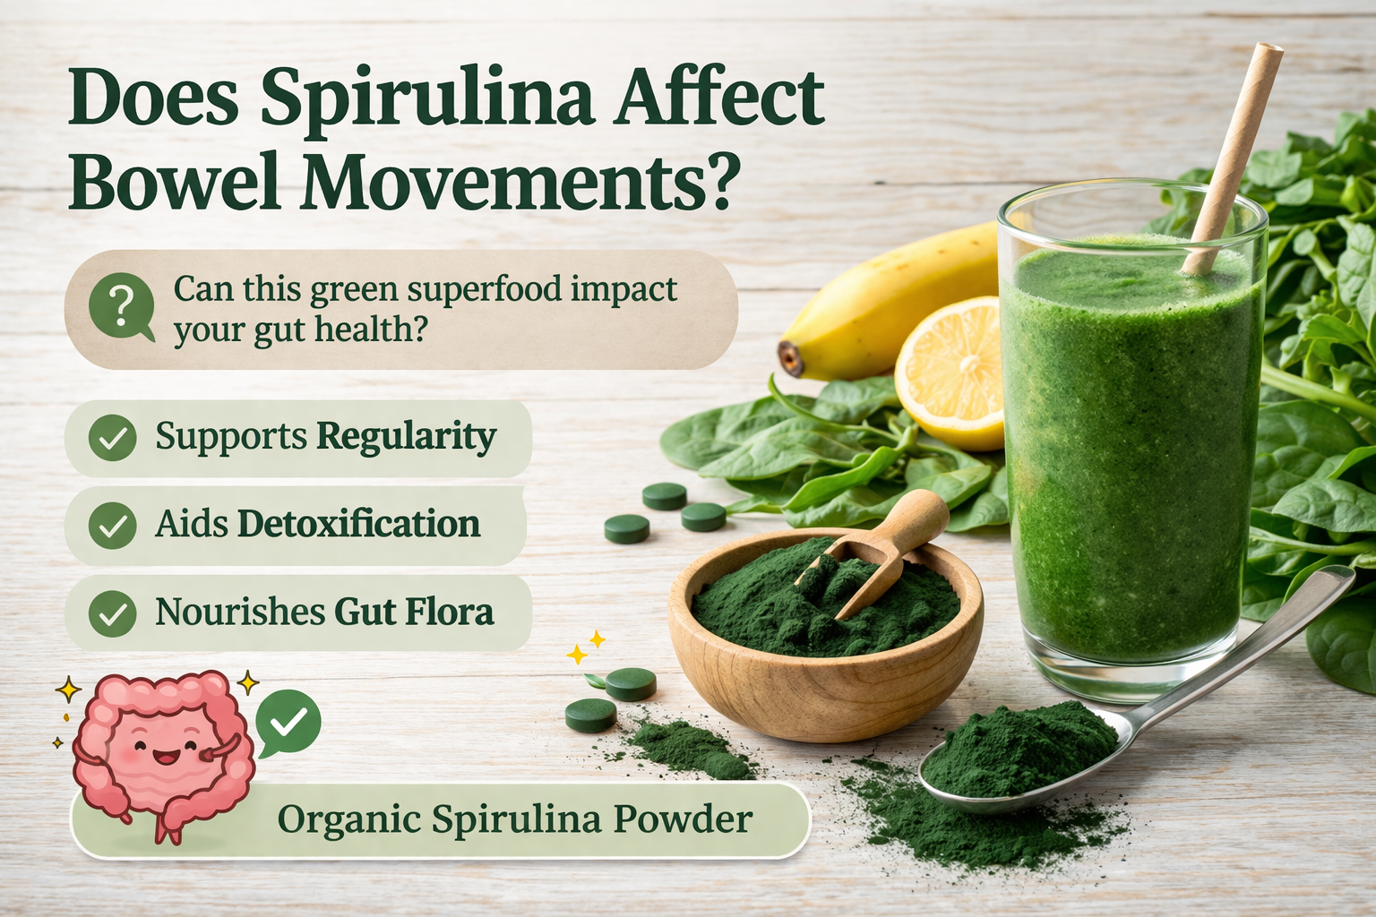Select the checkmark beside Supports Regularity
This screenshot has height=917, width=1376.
[x=113, y=438]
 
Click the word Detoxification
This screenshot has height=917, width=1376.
[x=358, y=524]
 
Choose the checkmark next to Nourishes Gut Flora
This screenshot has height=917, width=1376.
[x=113, y=613]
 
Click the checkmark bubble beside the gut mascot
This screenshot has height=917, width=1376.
[x=288, y=722]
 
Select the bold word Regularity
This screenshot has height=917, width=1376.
[x=406, y=437]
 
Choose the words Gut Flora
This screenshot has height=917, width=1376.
[x=413, y=613]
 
